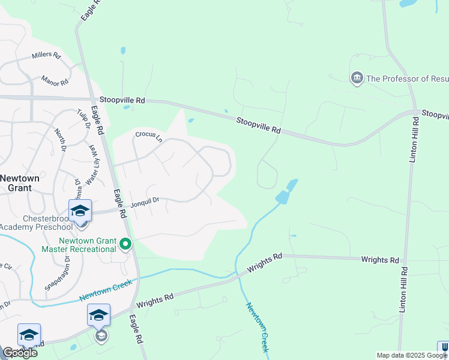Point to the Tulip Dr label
coord(83,119)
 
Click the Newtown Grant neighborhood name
coord(20,183)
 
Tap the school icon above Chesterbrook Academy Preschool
coord(80,211)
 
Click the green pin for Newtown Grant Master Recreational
coord(125,244)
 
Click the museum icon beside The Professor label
coord(357,78)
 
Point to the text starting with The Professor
coord(407,79)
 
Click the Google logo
coord(20,352)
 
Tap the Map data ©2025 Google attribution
coord(411,355)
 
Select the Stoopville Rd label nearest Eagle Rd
coord(123,101)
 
